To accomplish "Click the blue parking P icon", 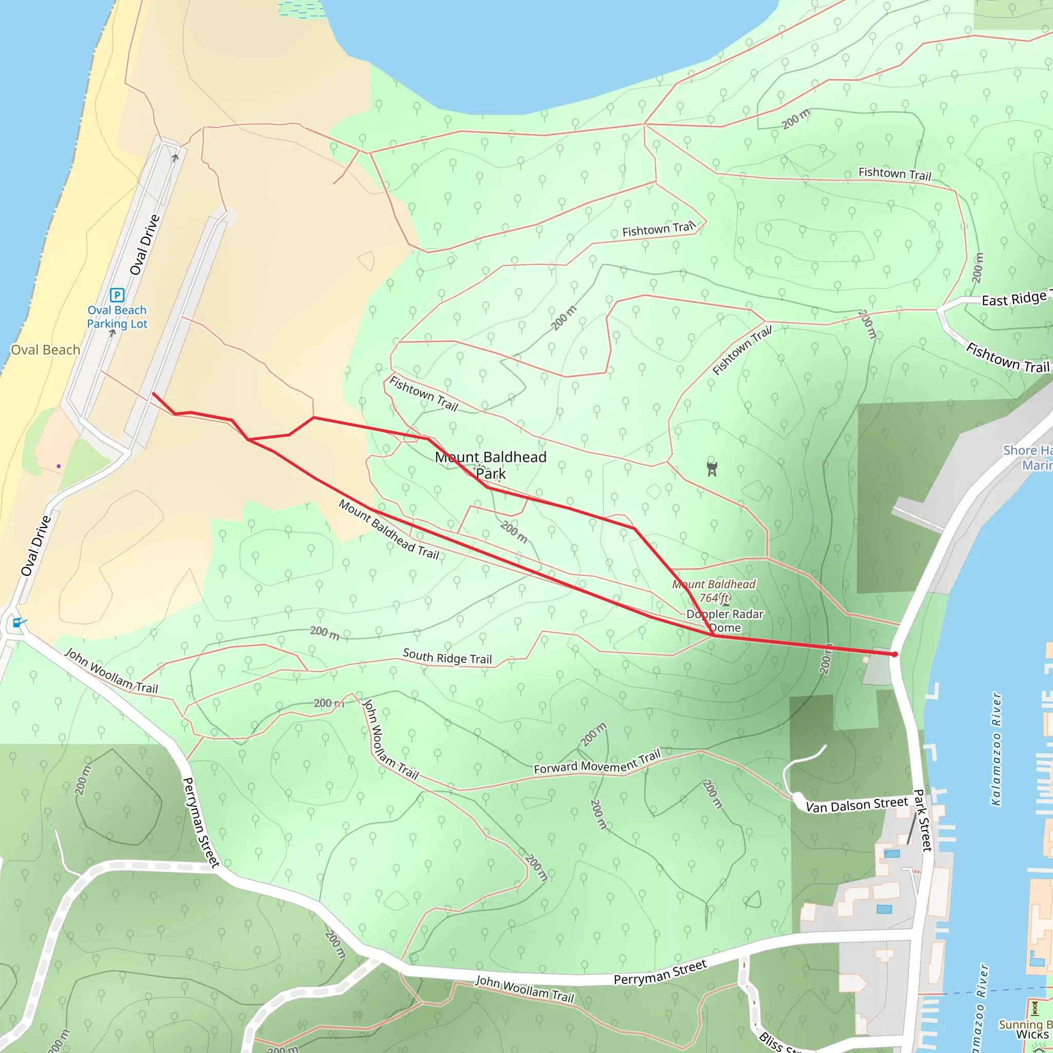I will click(x=117, y=295).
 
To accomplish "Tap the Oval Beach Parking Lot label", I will click(x=117, y=317).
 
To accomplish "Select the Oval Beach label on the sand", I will click(x=45, y=350).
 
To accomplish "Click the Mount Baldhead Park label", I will click(x=491, y=465).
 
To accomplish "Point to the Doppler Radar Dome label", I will click(x=724, y=620).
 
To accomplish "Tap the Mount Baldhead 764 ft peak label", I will click(x=714, y=591).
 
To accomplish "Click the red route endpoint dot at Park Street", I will click(x=895, y=654).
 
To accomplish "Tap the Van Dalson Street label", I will click(x=857, y=805).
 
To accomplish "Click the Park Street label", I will click(x=922, y=820).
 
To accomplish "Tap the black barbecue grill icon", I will click(x=712, y=469).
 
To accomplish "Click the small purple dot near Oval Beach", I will click(x=59, y=466).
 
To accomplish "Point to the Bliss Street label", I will click(x=779, y=1042).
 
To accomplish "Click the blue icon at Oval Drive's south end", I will click(x=17, y=622).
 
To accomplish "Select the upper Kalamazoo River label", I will click(x=996, y=750).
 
